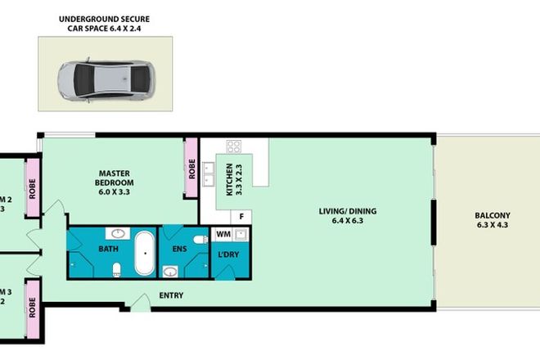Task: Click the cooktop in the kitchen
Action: click(x=233, y=147)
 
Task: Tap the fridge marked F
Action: click(x=243, y=216)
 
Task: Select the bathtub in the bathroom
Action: click(x=146, y=254)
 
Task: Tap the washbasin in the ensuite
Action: click(x=171, y=271)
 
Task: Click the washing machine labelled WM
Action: click(x=223, y=235)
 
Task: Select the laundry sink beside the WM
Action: click(x=242, y=235)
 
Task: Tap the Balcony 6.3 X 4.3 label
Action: click(x=489, y=222)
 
